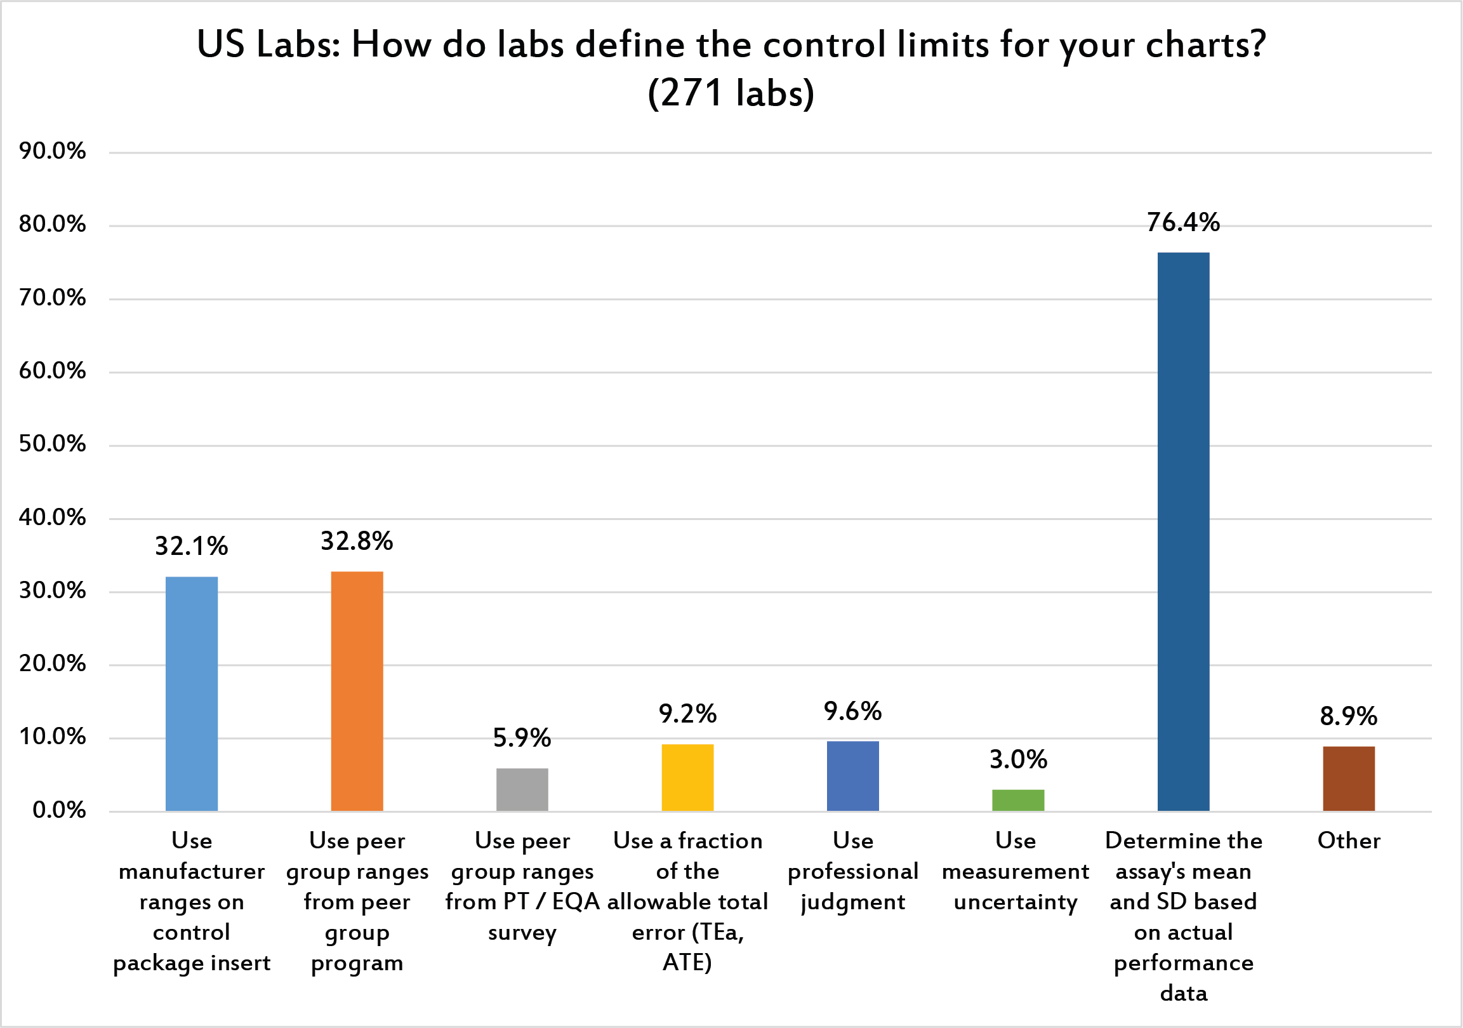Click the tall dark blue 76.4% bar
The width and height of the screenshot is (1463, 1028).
tap(1183, 531)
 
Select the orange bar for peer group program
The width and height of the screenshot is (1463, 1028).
tap(357, 691)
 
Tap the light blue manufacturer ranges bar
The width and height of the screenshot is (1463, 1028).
tap(192, 694)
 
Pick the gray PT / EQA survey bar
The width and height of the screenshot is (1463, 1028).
tap(522, 790)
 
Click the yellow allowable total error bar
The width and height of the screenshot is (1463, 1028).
tap(687, 778)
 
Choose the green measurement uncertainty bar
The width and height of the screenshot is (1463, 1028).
tap(1018, 801)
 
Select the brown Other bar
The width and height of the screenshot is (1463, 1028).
tap(1349, 779)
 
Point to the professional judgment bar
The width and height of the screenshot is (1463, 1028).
tap(852, 777)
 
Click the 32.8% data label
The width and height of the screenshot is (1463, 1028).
tap(357, 541)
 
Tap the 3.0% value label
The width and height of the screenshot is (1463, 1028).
tap(1018, 759)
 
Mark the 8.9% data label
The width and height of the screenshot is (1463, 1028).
tap(1349, 716)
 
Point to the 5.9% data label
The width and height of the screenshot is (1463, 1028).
tap(522, 738)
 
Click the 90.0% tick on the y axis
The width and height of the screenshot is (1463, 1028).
tap(52, 151)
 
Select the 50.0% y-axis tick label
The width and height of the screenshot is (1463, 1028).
tap(52, 444)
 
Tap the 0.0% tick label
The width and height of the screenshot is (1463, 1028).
tap(58, 810)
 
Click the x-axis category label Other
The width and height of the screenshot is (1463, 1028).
tap(1349, 841)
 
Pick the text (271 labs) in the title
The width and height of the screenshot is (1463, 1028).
tap(731, 93)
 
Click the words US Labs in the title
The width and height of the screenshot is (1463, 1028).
tap(268, 44)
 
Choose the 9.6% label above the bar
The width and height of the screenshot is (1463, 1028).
tap(852, 711)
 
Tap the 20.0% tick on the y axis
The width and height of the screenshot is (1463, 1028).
tap(52, 664)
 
